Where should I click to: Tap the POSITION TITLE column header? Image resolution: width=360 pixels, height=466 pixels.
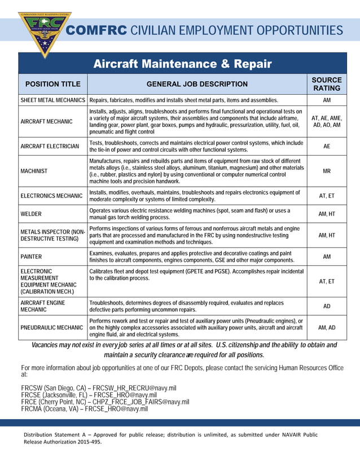tap(53, 84)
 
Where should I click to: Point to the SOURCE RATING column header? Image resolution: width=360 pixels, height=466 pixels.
tap(327, 84)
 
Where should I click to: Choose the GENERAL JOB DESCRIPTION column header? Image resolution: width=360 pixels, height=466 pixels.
tap(197, 84)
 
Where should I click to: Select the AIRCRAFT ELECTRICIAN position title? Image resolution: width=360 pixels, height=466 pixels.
tap(50, 146)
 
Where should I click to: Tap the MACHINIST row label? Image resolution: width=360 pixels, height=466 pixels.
tap(34, 170)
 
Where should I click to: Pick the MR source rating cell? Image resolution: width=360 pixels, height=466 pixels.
tap(327, 170)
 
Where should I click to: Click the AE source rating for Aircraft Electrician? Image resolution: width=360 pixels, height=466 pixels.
tap(327, 146)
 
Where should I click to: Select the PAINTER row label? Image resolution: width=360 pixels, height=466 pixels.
tap(32, 257)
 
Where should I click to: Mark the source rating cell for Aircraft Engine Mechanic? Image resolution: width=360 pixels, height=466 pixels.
tap(327, 306)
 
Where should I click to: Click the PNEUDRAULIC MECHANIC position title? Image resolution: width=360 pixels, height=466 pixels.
tap(51, 327)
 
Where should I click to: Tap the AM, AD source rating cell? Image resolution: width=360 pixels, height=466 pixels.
tap(327, 327)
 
